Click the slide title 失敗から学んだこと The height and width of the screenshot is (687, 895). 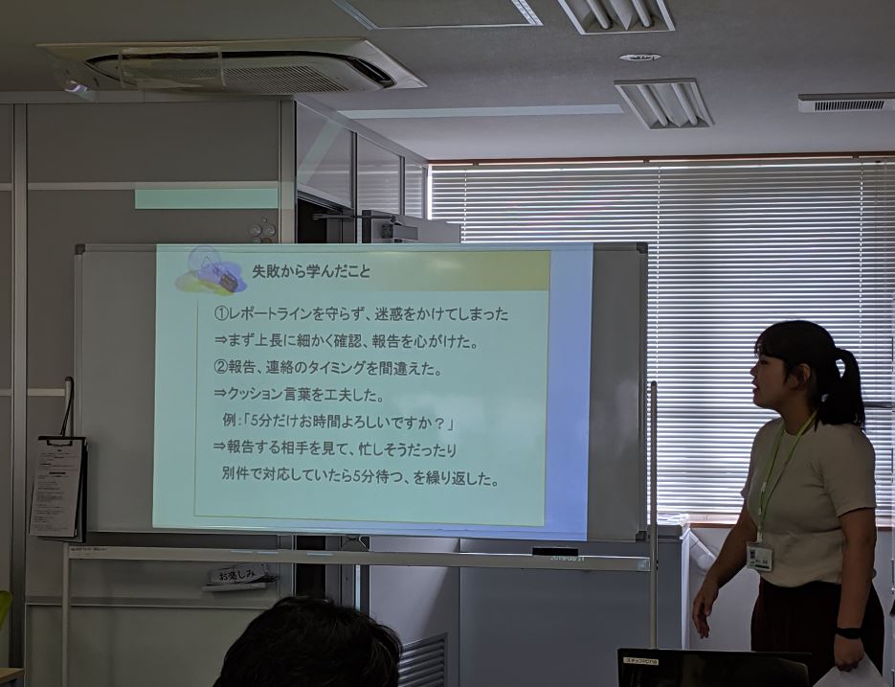[x=311, y=272]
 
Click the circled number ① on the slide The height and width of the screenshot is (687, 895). [x=220, y=313]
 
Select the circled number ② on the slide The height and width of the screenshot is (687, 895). [x=220, y=367]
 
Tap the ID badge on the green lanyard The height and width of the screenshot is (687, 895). [x=759, y=556]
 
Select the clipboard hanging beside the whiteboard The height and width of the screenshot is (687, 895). [x=57, y=486]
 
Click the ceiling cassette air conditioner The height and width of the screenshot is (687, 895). [x=235, y=69]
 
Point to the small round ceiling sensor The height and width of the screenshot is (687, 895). [x=639, y=57]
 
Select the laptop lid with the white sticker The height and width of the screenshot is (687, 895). [x=713, y=668]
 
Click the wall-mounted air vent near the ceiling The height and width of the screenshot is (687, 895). [x=846, y=102]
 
